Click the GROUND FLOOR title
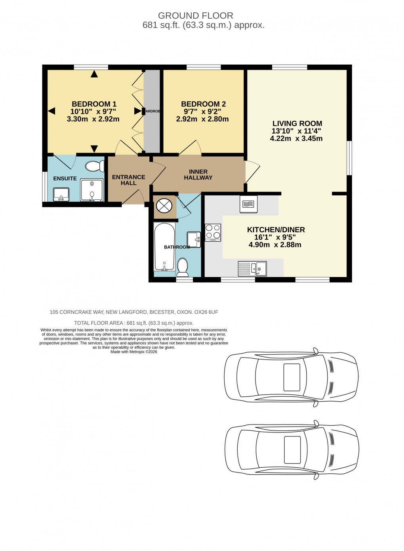pyautogui.click(x=195, y=16)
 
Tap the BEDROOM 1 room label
pyautogui.click(x=94, y=104)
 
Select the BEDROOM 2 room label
pyautogui.click(x=203, y=104)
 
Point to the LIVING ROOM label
pyautogui.click(x=297, y=124)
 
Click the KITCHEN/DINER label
pyautogui.click(x=276, y=230)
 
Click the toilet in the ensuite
pyautogui.click(x=94, y=166)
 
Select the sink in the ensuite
pyautogui.click(x=61, y=194)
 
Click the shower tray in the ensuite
pyautogui.click(x=91, y=190)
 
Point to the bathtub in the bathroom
pyautogui.click(x=164, y=247)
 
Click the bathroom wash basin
pyautogui.click(x=194, y=239)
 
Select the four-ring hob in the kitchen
pyautogui.click(x=213, y=233)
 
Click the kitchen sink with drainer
pyautogui.click(x=252, y=268)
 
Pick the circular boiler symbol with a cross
pyautogui.click(x=164, y=205)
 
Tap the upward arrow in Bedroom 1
pyautogui.click(x=94, y=74)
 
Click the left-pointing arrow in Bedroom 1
pyautogui.click(x=51, y=111)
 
